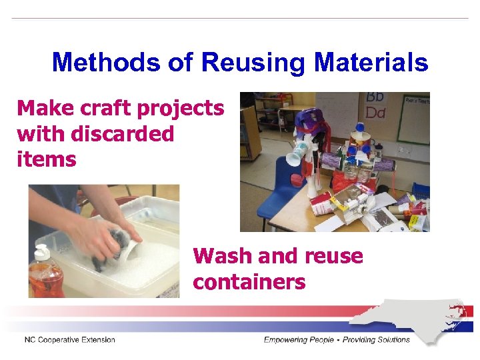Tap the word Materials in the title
[x=371, y=63]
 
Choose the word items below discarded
[x=47, y=159]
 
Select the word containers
[x=249, y=282]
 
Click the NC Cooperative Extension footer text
[x=70, y=340]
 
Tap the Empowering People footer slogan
[x=337, y=340]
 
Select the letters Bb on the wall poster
[x=375, y=98]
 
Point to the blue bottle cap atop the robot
[x=359, y=127]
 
